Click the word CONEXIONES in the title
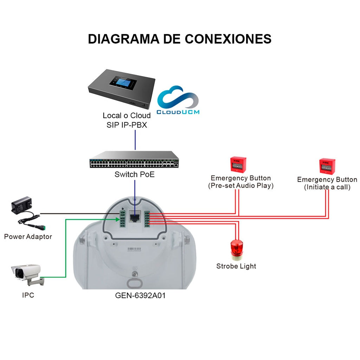point(228,39)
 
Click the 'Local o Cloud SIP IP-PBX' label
point(127,120)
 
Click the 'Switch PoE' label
point(135,174)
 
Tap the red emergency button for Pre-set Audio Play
point(238,164)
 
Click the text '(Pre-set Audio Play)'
point(240,186)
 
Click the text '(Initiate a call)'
point(327,187)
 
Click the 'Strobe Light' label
point(236,266)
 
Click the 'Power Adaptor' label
point(28,237)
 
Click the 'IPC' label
point(28,295)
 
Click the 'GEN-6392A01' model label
point(140,296)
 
